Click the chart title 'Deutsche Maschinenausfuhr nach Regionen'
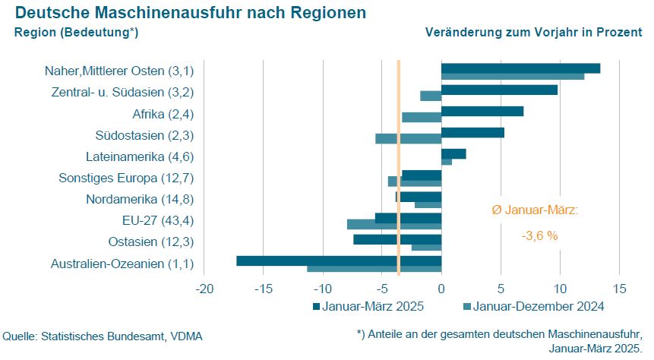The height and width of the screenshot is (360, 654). coord(190,13)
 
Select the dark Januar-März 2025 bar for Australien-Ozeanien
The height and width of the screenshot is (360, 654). coord(339,261)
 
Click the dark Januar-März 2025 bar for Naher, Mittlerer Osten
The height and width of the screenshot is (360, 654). coord(520,68)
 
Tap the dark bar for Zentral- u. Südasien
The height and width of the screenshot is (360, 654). coord(499,90)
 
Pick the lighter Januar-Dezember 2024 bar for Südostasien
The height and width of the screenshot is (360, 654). coord(408,138)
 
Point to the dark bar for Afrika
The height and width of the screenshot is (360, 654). coord(482,111)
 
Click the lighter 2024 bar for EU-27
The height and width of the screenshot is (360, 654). coord(393,224)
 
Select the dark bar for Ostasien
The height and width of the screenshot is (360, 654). coord(397,239)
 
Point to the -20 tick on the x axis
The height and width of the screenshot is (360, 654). coord(204,289)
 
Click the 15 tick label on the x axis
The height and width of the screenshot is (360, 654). coord(619,289)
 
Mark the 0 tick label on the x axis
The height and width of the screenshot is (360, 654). coord(441,289)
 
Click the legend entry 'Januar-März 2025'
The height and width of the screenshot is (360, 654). coord(368,307)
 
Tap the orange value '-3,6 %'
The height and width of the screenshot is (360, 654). coord(539,236)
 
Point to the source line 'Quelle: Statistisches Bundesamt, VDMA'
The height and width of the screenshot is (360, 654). coord(103,335)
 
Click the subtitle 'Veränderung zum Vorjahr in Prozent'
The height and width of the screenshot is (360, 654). coord(533,33)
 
